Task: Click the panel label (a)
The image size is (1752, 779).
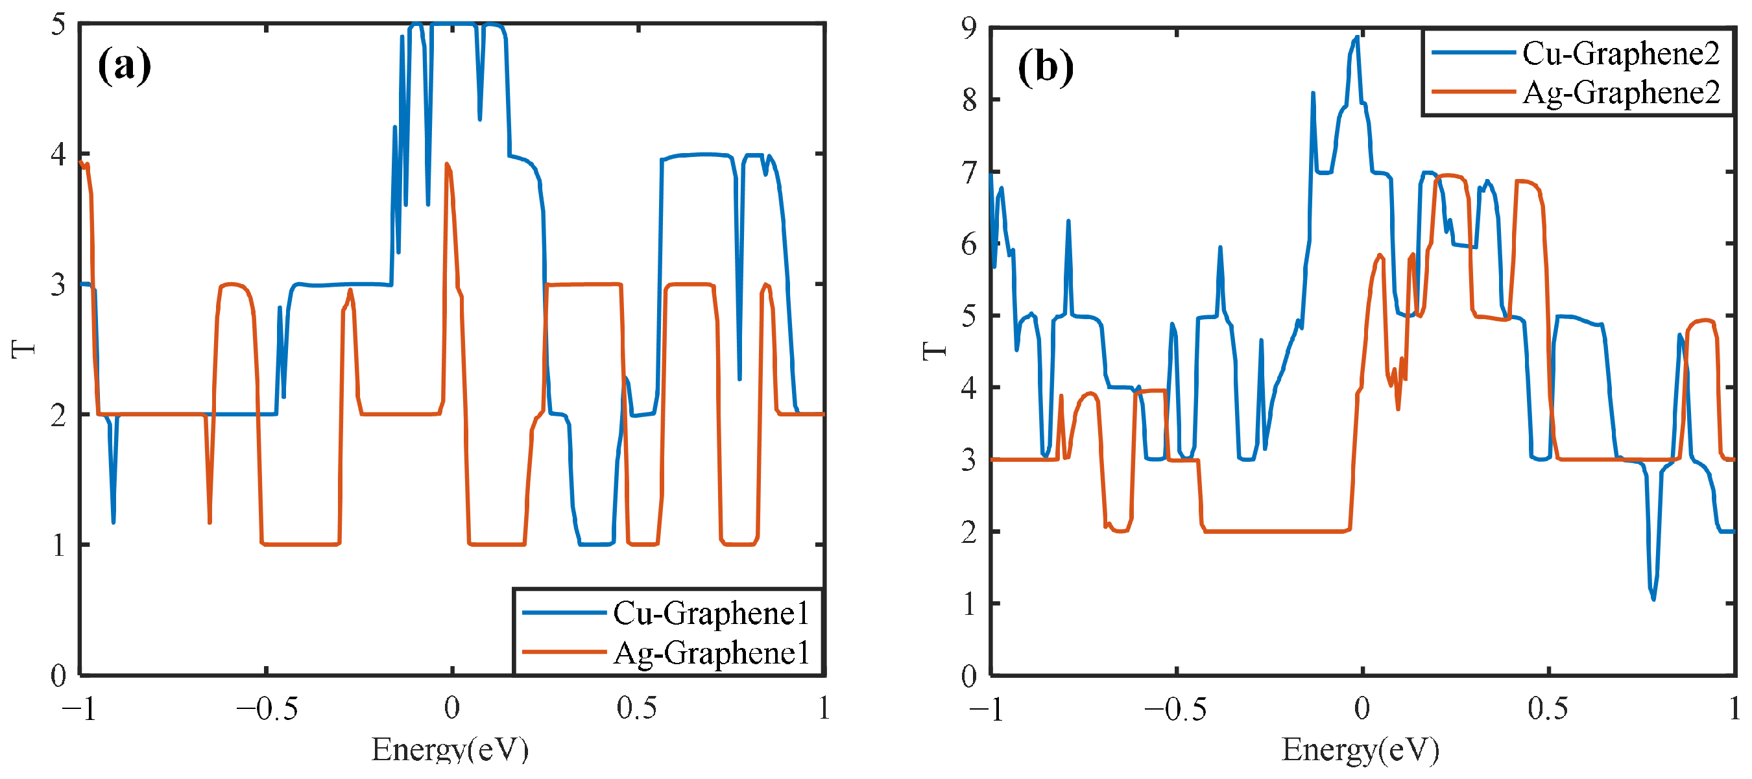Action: [125, 66]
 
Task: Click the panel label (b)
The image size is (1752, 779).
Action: [1046, 68]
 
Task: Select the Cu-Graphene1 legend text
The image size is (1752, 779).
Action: [711, 613]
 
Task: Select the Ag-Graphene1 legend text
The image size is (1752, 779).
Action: [711, 653]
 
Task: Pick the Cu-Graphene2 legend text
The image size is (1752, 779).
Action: [1621, 53]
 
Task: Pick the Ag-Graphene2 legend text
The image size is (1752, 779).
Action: [1621, 93]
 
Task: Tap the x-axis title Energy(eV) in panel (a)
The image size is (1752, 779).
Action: [450, 750]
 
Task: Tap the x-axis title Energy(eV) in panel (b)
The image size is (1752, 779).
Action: [1360, 750]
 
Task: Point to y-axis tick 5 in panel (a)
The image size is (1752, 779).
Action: [58, 25]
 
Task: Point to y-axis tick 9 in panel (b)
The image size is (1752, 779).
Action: [969, 28]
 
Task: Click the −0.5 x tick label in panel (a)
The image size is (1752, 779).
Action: [267, 709]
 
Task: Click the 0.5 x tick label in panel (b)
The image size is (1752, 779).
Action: [1548, 709]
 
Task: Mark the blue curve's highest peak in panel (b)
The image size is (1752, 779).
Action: [1358, 38]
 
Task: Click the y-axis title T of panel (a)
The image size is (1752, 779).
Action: [23, 350]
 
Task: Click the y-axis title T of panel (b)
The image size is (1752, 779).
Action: [935, 351]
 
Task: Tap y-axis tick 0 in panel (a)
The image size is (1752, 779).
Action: [58, 676]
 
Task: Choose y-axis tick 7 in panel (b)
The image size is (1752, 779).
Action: [969, 172]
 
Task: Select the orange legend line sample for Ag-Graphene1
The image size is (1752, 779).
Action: [564, 652]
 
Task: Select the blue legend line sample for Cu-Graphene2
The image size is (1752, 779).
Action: [1473, 53]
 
